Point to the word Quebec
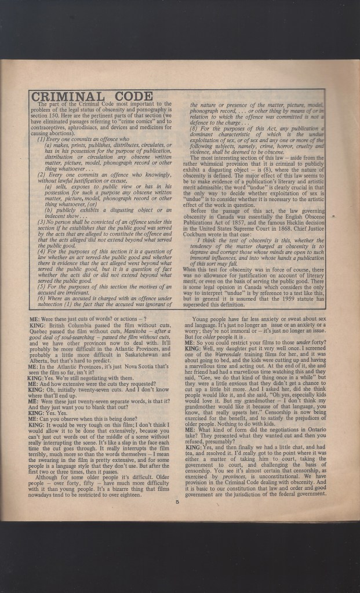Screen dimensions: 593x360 pyautogui.click(x=40, y=337)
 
